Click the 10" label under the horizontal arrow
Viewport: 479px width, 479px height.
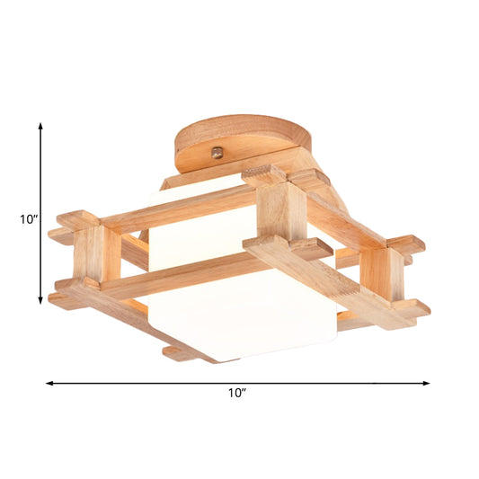(x=237, y=394)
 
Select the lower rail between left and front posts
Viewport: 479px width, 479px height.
(x=180, y=277)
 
